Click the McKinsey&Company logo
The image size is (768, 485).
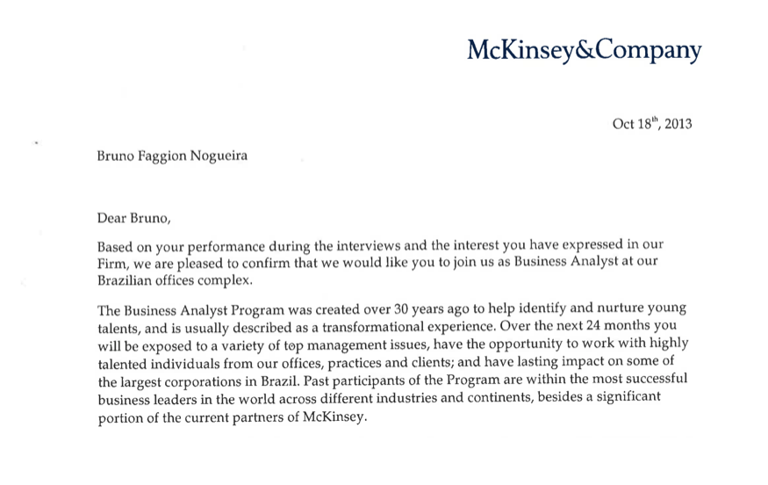click(x=584, y=50)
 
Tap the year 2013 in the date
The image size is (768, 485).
click(x=678, y=124)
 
